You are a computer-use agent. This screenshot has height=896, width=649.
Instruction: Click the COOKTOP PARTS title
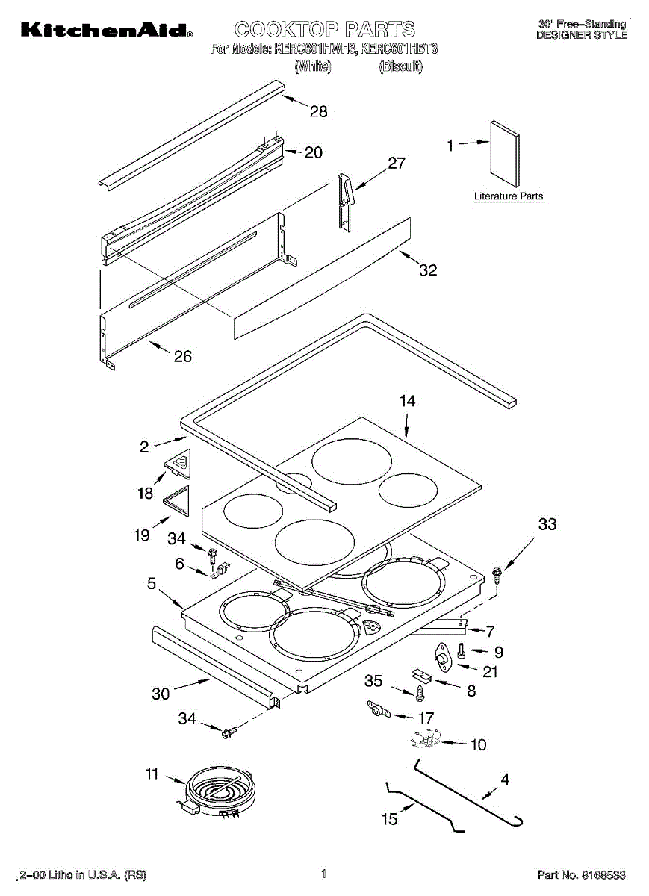(325, 29)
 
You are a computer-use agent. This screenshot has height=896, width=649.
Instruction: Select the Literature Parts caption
(509, 196)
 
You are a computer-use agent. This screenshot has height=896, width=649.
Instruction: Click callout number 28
(319, 112)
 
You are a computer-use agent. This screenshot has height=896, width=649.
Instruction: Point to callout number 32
(427, 270)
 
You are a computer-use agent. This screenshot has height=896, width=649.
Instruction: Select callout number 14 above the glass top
(407, 401)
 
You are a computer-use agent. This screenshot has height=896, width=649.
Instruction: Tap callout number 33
(547, 525)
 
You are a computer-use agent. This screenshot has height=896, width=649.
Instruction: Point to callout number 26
(182, 356)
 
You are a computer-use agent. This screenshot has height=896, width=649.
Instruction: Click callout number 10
(478, 744)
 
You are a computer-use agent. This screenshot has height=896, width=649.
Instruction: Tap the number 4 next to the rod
(506, 780)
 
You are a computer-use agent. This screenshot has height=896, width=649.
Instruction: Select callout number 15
(390, 819)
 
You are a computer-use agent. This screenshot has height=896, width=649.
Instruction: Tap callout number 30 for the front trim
(161, 694)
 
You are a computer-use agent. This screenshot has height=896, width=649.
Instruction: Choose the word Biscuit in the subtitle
(401, 67)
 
